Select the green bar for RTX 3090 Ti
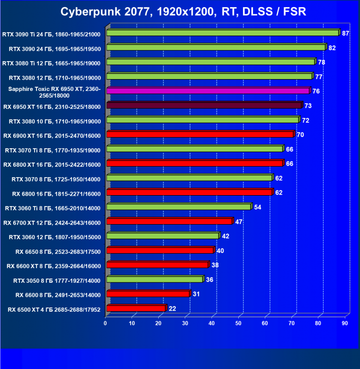(x=223, y=33)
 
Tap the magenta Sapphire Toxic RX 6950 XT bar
(x=208, y=90)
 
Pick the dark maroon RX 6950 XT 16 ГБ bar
(x=204, y=105)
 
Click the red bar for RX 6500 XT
(x=136, y=308)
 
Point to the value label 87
(x=345, y=33)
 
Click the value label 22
(x=172, y=309)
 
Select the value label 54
(x=257, y=207)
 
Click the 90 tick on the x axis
(x=345, y=323)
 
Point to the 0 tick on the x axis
(x=106, y=323)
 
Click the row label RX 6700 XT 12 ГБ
(x=52, y=222)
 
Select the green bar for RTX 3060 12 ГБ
(x=163, y=235)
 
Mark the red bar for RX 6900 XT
(x=200, y=134)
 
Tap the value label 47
(x=239, y=222)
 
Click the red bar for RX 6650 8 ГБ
(x=160, y=250)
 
